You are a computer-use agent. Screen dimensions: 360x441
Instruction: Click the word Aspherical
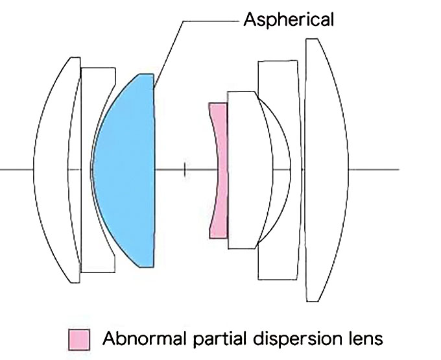point(289,20)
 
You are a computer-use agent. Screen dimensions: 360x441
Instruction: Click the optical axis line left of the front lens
point(16,170)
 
